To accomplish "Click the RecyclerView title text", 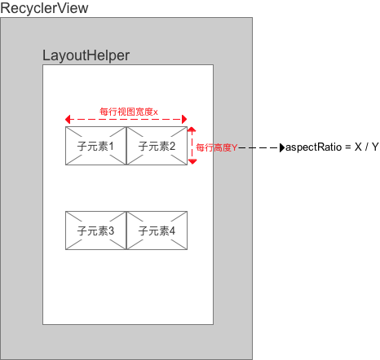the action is pyautogui.click(x=44, y=8).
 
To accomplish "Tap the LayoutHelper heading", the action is pyautogui.click(x=86, y=55).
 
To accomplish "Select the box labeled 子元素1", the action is pyautogui.click(x=96, y=146).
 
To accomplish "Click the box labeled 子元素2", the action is pyautogui.click(x=157, y=146).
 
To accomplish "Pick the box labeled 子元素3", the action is pyautogui.click(x=96, y=230).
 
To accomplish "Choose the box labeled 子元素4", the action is pyautogui.click(x=157, y=230).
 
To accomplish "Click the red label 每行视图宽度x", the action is pyautogui.click(x=129, y=112).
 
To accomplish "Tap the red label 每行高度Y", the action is pyautogui.click(x=217, y=147).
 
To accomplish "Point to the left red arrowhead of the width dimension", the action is pyautogui.click(x=68, y=119).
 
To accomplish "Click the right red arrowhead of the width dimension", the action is pyautogui.click(x=184, y=119).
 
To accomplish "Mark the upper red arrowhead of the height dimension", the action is pyautogui.click(x=192, y=130).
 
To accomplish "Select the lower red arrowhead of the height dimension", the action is pyautogui.click(x=192, y=162).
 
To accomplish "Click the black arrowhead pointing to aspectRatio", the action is pyautogui.click(x=282, y=148).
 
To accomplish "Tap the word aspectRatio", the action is pyautogui.click(x=313, y=147).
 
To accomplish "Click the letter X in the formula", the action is pyautogui.click(x=358, y=147).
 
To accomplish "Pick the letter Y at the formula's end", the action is pyautogui.click(x=375, y=147).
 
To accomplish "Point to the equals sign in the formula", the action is pyautogui.click(x=348, y=147).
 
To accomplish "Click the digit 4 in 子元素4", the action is pyautogui.click(x=172, y=231).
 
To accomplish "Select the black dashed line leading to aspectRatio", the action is pyautogui.click(x=259, y=148).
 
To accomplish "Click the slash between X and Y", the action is pyautogui.click(x=367, y=147).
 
